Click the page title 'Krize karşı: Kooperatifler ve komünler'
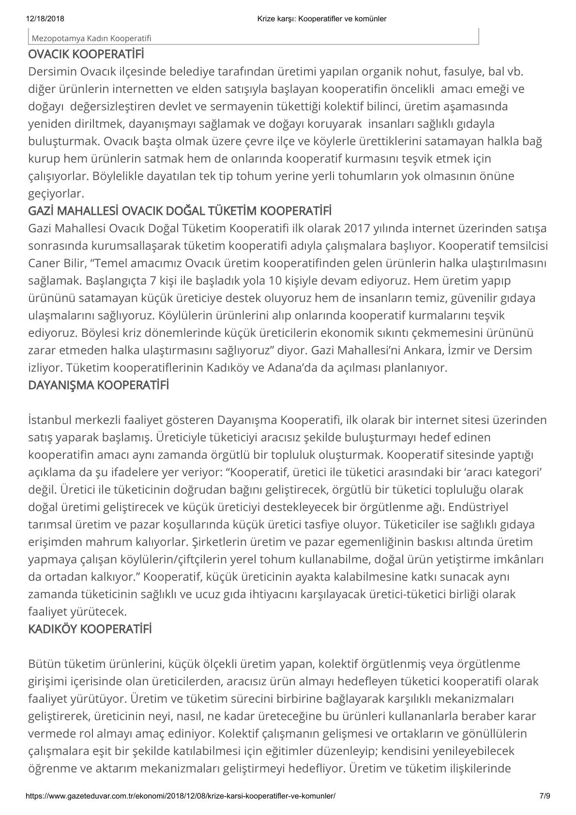point(322,19)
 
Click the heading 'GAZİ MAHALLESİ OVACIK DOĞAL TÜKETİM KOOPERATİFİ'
point(180,211)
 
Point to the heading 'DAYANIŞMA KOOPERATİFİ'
point(99,385)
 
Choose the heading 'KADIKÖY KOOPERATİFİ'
point(90,629)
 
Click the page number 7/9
point(545,795)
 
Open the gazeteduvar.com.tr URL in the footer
point(180,795)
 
